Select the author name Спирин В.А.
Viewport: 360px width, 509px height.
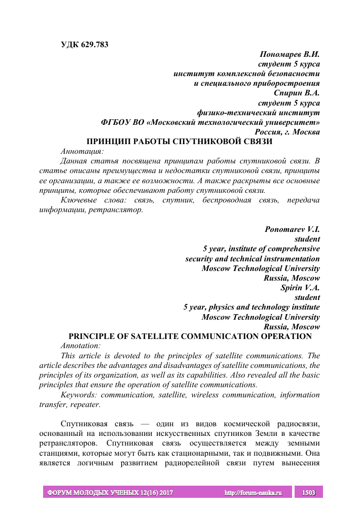click(x=297, y=93)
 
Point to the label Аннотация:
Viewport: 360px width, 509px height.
click(x=82, y=151)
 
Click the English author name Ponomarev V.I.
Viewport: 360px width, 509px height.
click(x=292, y=229)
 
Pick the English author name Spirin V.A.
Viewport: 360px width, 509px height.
click(x=300, y=288)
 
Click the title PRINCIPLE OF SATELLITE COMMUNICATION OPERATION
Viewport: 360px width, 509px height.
click(x=190, y=336)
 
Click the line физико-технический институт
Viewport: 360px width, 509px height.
click(x=259, y=113)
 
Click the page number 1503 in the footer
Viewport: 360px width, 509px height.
click(x=309, y=493)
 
